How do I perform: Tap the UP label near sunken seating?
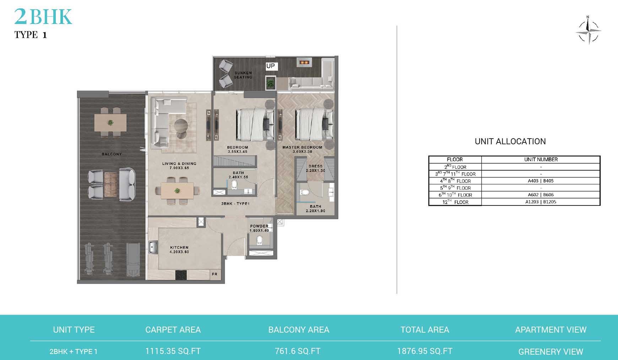click(x=271, y=66)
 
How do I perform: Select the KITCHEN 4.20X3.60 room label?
click(x=179, y=249)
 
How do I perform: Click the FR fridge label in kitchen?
click(x=215, y=274)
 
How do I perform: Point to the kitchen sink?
click(x=153, y=247)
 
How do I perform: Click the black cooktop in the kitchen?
click(x=181, y=275)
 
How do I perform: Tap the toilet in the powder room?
click(x=260, y=240)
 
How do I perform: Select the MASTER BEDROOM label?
click(x=302, y=147)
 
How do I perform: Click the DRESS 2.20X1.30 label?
click(x=315, y=168)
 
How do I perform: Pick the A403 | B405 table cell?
click(x=541, y=181)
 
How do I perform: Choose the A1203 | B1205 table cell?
click(x=541, y=202)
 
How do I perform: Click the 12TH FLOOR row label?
click(x=455, y=202)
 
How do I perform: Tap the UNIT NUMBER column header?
click(x=541, y=160)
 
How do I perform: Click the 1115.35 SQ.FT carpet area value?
click(x=173, y=351)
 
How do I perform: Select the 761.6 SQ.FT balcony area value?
click(x=298, y=351)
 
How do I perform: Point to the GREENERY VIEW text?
click(x=551, y=352)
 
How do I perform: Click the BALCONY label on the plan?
click(x=112, y=154)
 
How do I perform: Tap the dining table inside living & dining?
click(x=177, y=191)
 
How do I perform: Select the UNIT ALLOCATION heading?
click(x=510, y=141)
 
